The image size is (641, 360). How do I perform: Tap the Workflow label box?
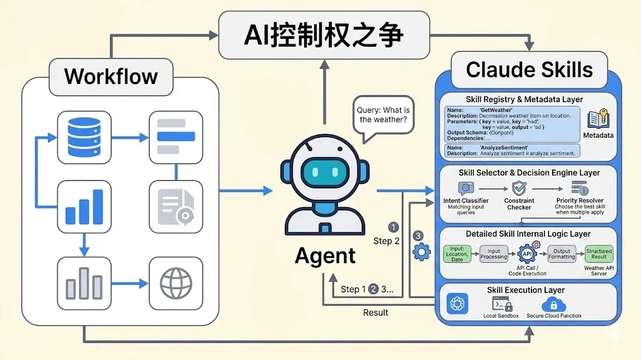(111, 76)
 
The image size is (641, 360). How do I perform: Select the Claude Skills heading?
(529, 69)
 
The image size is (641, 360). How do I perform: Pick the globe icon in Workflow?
(176, 284)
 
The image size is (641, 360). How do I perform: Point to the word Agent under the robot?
(325, 255)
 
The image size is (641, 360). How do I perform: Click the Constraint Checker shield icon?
(519, 188)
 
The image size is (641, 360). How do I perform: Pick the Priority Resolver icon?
(579, 187)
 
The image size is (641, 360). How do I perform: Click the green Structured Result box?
(599, 254)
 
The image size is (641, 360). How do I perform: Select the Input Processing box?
(494, 254)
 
